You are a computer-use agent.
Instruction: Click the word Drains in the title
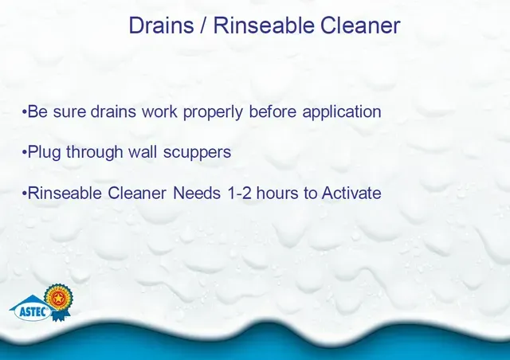click(161, 25)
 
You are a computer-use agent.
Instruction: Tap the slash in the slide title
click(204, 25)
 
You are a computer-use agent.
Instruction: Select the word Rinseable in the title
click(264, 25)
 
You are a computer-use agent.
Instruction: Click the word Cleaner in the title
click(360, 25)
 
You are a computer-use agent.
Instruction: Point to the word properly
click(213, 112)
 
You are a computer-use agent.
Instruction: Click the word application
click(342, 112)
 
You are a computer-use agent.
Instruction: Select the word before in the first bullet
click(273, 112)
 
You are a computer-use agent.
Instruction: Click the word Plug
click(44, 152)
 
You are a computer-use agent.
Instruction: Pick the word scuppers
click(197, 152)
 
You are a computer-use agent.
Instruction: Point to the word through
click(94, 152)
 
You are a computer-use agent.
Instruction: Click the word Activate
click(351, 193)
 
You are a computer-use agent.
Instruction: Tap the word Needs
click(197, 193)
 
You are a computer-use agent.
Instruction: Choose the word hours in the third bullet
click(277, 193)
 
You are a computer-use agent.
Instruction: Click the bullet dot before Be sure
click(24, 112)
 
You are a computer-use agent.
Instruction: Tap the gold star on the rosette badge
click(58, 298)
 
